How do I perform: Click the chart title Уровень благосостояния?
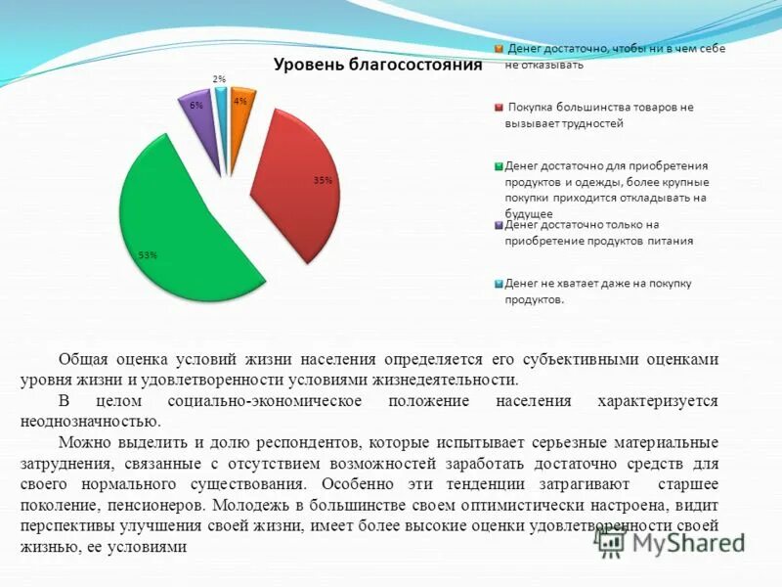pos(377,66)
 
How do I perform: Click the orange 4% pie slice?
pos(238,108)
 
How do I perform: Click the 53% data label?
pos(148,255)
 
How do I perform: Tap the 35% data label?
pos(323,180)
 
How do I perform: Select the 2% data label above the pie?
pos(219,79)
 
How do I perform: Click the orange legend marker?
pos(498,49)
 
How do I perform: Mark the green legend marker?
pos(498,166)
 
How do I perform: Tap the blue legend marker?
pos(498,284)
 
